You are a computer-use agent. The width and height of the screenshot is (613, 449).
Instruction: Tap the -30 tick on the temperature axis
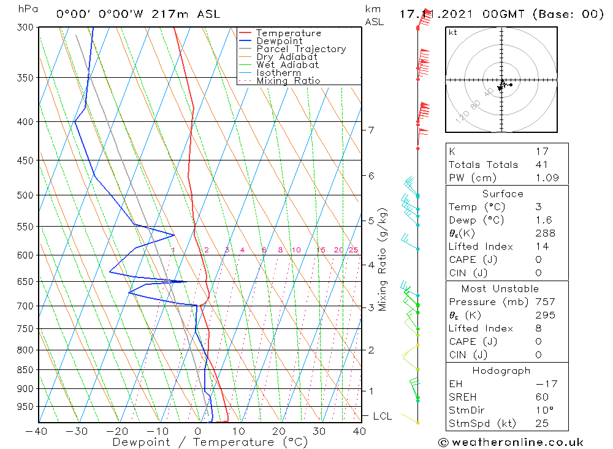coord(77,431)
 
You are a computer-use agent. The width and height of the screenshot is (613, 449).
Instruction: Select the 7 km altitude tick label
coord(371,130)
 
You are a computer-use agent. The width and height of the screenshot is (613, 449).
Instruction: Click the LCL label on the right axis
coord(382,417)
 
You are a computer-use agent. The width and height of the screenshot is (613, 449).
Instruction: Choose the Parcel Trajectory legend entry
coord(300,49)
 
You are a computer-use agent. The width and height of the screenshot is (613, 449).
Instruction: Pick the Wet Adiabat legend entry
coord(287,65)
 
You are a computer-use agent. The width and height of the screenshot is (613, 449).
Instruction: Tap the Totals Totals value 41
coord(541,164)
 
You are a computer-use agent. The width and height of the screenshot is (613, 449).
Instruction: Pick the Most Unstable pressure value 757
coord(545,302)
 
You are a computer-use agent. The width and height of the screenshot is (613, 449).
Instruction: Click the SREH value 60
coord(541,397)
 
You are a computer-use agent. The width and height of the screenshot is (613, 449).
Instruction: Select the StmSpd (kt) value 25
coord(541,423)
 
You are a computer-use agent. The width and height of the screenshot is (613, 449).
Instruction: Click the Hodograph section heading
coord(501,371)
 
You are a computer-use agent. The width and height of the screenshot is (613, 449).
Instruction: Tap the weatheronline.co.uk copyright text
coord(511,442)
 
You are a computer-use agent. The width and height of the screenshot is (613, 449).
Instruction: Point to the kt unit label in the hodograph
coord(452,32)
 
